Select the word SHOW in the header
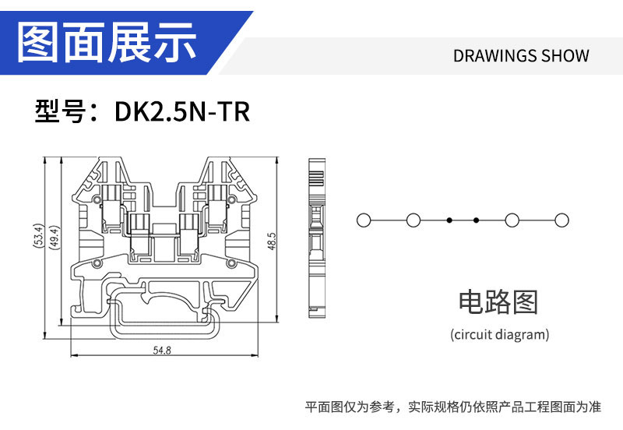(x=565, y=56)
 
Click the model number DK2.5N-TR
(x=182, y=111)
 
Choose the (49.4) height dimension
(x=54, y=237)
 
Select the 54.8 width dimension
(x=162, y=351)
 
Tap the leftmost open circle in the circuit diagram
(x=363, y=220)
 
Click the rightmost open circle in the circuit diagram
(x=559, y=220)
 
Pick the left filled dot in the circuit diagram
(x=449, y=220)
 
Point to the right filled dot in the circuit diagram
(x=476, y=220)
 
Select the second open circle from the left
(x=414, y=220)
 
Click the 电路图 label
(x=499, y=301)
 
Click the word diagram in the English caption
(x=524, y=335)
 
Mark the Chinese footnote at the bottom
(x=452, y=407)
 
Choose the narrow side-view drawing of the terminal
(x=315, y=234)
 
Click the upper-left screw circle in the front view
(x=97, y=201)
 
